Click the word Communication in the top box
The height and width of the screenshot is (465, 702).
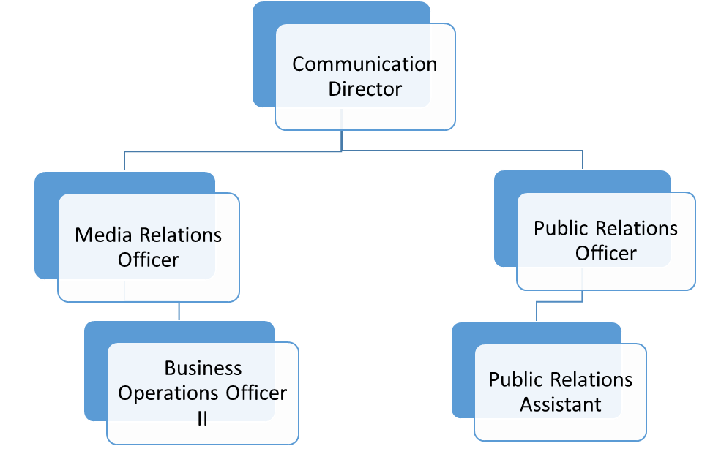(365, 64)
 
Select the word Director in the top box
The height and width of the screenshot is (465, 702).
(365, 89)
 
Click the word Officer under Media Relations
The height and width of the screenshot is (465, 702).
(149, 260)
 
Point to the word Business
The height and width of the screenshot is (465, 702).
(203, 368)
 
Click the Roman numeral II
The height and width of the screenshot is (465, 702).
(203, 417)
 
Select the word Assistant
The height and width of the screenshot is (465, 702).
(561, 404)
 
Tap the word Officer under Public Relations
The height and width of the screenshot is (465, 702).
(606, 253)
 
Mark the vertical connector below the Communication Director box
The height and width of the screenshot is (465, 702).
(342, 141)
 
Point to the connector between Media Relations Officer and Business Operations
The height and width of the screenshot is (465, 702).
(179, 311)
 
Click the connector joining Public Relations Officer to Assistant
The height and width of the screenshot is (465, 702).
(538, 310)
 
